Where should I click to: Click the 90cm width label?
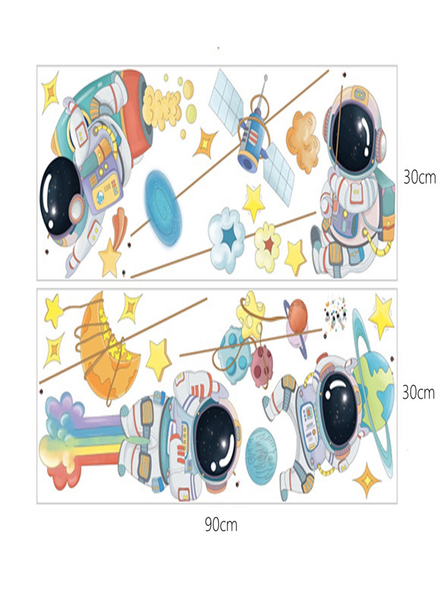click(x=221, y=524)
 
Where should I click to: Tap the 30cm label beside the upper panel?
click(x=420, y=177)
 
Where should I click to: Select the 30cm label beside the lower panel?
click(x=418, y=393)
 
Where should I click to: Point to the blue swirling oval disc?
click(x=160, y=194)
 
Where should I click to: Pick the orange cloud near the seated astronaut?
click(x=302, y=132)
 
